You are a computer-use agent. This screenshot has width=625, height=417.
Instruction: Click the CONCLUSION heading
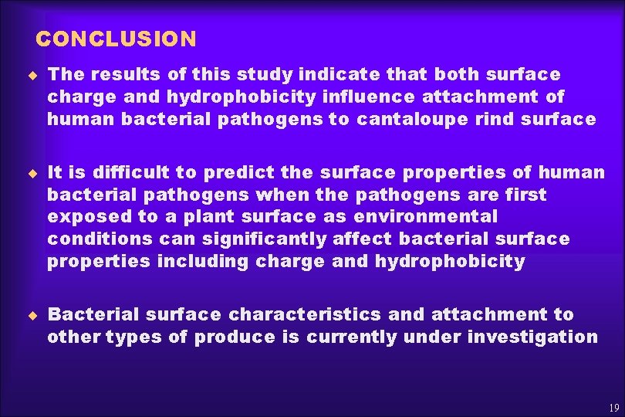[117, 39]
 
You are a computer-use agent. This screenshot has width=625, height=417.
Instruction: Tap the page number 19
[614, 408]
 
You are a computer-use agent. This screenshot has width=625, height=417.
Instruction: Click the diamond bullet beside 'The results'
[33, 74]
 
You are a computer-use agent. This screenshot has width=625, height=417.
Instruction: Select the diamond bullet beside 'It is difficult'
[33, 172]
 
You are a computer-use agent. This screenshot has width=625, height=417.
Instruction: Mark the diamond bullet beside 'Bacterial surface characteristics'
[33, 314]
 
